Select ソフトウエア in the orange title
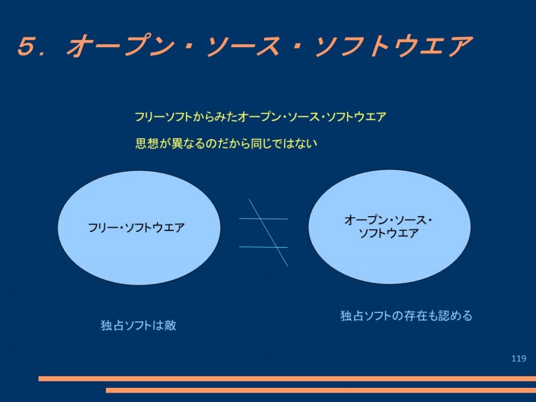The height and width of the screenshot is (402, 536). [394, 46]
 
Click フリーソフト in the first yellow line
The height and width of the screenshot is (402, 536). [163, 117]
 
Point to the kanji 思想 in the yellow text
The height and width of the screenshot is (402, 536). [147, 143]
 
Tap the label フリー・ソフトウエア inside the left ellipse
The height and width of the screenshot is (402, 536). [137, 228]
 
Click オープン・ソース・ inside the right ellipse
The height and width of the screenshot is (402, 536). [388, 220]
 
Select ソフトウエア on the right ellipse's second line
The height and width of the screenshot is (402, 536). [389, 233]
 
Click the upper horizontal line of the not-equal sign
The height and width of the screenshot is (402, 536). [263, 218]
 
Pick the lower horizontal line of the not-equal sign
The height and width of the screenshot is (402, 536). [263, 247]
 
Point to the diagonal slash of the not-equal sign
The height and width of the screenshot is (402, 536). [268, 232]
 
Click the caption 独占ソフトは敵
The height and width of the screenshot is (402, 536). [138, 325]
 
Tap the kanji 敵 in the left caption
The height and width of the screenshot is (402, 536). [170, 325]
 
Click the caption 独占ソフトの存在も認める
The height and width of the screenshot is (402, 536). [406, 316]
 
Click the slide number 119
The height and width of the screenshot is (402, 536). [519, 358]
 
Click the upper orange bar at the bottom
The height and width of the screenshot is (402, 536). [287, 379]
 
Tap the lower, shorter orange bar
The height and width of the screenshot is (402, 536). [321, 390]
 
